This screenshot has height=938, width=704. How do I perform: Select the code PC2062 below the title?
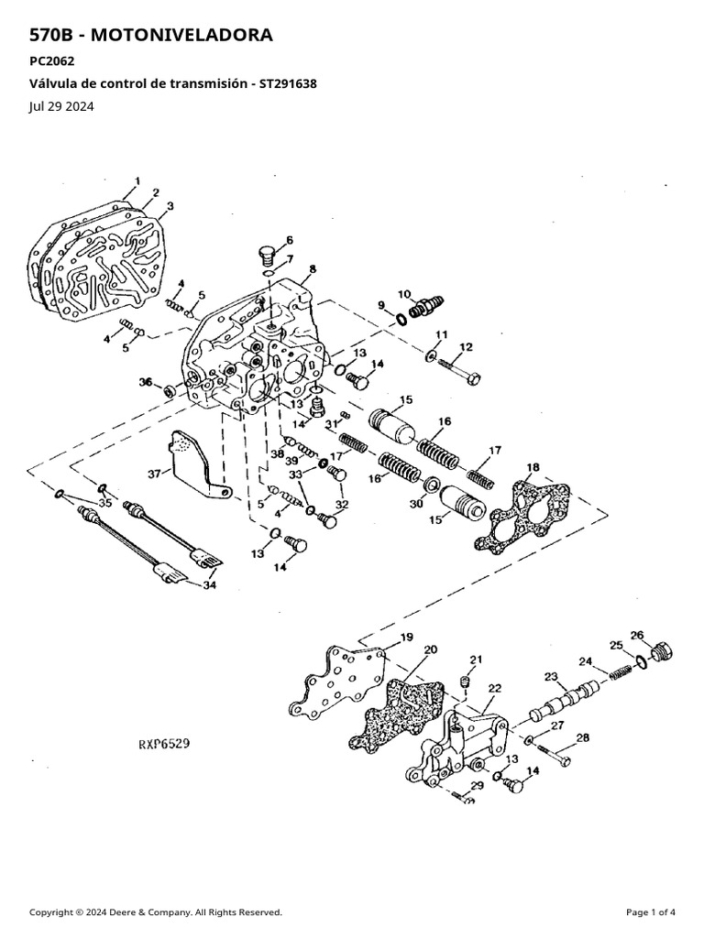pos(52,62)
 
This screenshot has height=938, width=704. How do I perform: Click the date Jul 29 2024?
pos(61,106)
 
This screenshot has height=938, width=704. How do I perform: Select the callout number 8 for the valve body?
pos(313,269)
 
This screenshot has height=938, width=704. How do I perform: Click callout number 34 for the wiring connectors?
pos(210,586)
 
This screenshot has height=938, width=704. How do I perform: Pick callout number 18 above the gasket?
pos(533,468)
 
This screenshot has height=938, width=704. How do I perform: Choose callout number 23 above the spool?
pos(550,677)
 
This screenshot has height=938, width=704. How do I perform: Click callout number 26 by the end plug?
pos(637,636)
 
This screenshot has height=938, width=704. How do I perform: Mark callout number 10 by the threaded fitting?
pos(404,293)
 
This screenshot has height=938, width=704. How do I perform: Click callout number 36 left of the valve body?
pos(145,382)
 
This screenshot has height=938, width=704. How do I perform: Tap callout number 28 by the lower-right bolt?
pos(582,737)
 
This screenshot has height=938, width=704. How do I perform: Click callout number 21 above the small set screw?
pos(475,660)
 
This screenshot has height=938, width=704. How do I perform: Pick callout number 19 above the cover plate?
pos(406,637)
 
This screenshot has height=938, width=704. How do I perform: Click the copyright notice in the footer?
pos(156,912)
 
